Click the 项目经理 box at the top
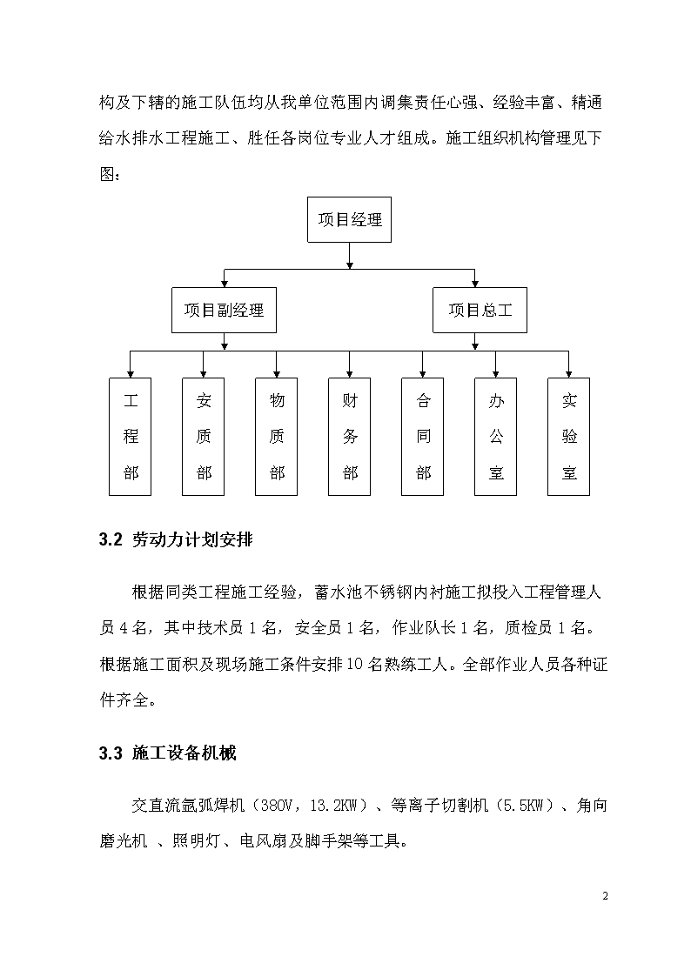[x=349, y=220]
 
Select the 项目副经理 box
[x=224, y=311]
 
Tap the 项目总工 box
[x=480, y=311]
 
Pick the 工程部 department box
[x=131, y=437]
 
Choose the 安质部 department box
[x=203, y=437]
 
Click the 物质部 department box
[x=276, y=437]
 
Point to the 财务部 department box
[x=350, y=437]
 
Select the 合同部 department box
[x=422, y=437]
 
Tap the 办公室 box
[x=495, y=437]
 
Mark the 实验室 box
[x=569, y=437]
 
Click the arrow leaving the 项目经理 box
[x=350, y=256]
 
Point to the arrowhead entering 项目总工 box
[x=475, y=284]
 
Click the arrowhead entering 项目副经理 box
[x=225, y=284]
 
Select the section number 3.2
[x=111, y=539]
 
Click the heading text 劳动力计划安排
[x=192, y=539]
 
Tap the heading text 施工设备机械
[x=184, y=753]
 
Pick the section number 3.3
[x=111, y=753]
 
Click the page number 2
[x=605, y=896]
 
